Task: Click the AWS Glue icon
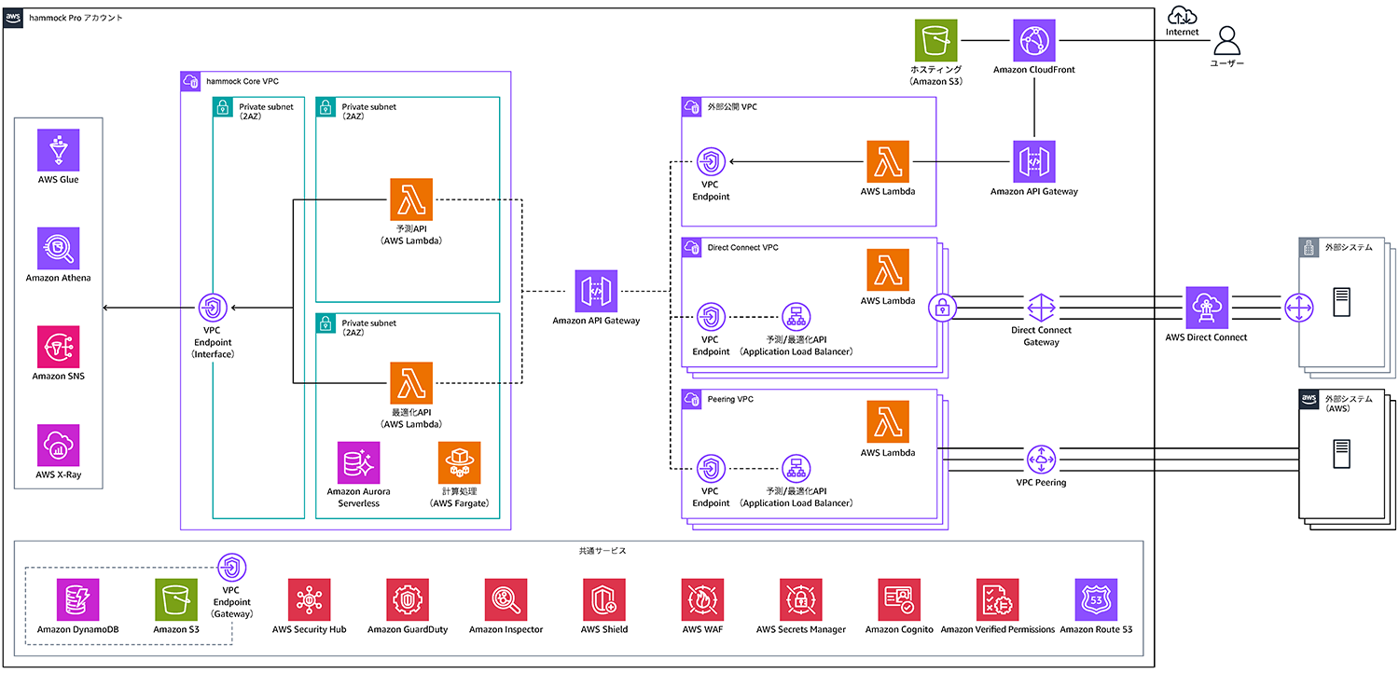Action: point(58,150)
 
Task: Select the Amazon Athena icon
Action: point(58,248)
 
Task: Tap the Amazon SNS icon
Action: point(58,347)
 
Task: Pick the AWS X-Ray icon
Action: point(58,446)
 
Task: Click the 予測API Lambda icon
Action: point(411,199)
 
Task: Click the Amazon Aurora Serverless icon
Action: point(359,462)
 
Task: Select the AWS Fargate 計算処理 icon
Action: point(459,462)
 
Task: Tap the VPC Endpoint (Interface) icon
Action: point(214,307)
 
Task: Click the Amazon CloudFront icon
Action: point(1034,40)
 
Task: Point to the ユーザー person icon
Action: point(1226,40)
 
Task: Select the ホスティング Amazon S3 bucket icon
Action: point(935,40)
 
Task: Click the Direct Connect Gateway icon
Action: point(1041,308)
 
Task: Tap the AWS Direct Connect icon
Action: point(1208,308)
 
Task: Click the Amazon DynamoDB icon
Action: point(77,599)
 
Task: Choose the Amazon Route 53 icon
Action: point(1096,599)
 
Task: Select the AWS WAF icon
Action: point(702,599)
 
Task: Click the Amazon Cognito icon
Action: point(899,599)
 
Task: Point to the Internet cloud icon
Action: point(1182,15)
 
